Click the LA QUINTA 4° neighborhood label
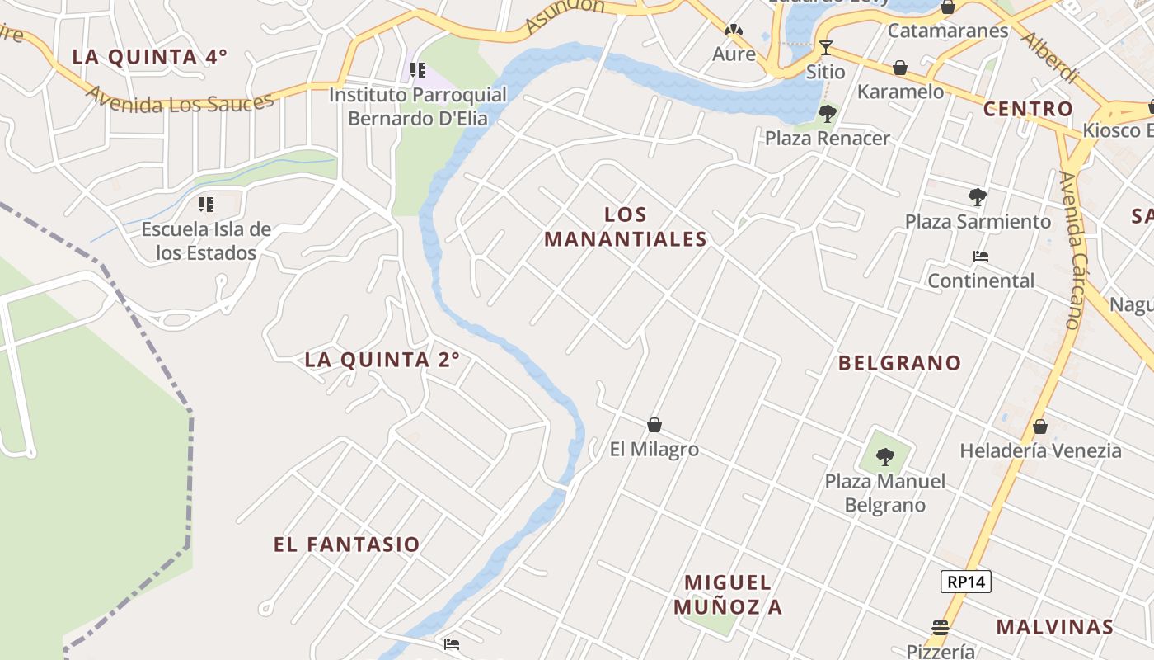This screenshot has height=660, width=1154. click(149, 57)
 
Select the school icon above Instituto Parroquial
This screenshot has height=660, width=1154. click(418, 70)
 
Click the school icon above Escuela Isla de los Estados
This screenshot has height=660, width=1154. click(206, 203)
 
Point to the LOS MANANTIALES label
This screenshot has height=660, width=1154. click(626, 227)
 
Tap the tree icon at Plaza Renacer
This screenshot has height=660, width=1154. click(827, 114)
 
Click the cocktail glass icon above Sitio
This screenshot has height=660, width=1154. click(825, 48)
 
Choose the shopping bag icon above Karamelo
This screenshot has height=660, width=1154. click(900, 67)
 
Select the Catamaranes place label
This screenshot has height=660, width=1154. click(948, 31)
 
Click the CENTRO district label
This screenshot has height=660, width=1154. click(1028, 109)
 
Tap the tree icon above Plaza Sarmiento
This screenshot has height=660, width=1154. click(978, 197)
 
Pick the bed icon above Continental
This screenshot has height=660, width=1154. click(981, 257)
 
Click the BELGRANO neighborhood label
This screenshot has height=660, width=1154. click(899, 363)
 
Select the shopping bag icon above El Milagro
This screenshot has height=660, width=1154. click(654, 425)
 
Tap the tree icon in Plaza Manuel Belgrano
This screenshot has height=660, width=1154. click(885, 455)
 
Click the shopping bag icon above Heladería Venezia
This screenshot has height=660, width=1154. click(1040, 427)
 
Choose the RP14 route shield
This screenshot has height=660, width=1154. click(965, 582)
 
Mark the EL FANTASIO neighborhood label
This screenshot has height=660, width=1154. click(347, 544)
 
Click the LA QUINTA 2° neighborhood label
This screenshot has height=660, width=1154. click(382, 360)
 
